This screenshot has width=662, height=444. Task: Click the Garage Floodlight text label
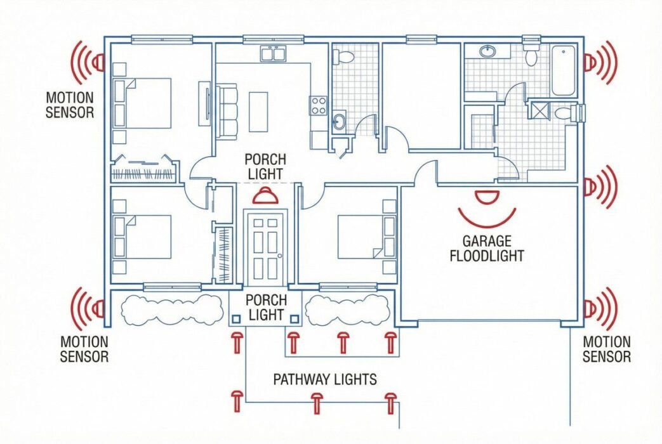point(487,249)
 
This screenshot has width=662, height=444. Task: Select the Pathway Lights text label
point(324,379)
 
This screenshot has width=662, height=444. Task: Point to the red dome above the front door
point(265,196)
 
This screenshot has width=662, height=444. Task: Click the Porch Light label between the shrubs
point(266,307)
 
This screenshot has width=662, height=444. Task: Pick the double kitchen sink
point(274,54)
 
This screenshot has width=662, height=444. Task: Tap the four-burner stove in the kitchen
point(317,105)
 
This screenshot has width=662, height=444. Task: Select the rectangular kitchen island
point(258,111)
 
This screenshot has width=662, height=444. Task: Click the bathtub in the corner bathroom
point(563,70)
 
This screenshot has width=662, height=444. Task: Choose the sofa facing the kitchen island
point(226,111)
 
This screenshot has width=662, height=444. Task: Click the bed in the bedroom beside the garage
point(362,237)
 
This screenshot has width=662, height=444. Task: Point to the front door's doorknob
point(279,256)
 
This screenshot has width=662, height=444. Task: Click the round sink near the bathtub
point(488,51)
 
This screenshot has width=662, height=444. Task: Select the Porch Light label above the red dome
point(265,166)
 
